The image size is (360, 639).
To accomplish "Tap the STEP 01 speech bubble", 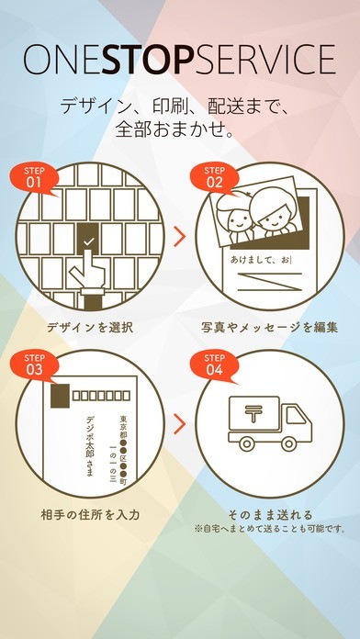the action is point(34,178).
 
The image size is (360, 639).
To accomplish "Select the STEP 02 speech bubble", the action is point(215,178).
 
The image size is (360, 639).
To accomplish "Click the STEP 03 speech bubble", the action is point(34,365).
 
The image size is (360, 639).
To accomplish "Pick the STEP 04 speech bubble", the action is point(215,365).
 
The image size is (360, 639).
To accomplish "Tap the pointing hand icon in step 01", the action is point(88,273).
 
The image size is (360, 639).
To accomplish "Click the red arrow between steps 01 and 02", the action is point(179,237).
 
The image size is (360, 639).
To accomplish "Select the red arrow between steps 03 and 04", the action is point(179,424).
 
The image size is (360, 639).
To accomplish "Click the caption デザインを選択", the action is point(90,328).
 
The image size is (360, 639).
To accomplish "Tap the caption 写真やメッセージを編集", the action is point(269,328).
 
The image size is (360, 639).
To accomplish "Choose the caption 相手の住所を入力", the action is point(90,514).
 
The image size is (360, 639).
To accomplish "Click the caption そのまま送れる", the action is point(270,514).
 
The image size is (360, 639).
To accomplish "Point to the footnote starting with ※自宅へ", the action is point(270,530).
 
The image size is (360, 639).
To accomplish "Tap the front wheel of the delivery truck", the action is point(289,443).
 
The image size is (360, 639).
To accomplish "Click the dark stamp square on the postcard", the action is point(60,396).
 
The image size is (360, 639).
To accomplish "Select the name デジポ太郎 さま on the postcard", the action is point(90,446).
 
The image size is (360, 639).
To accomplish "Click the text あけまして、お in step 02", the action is point(261,260).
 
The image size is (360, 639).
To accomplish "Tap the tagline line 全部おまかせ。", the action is point(174,130).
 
